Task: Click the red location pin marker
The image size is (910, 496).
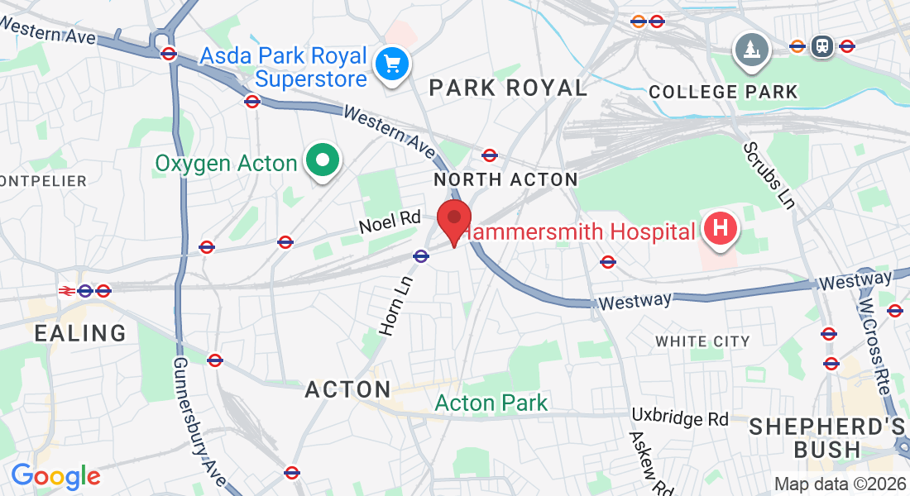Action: [x=454, y=219]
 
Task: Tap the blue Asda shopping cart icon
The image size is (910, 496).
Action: [x=388, y=64]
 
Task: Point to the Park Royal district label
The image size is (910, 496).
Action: [x=508, y=88]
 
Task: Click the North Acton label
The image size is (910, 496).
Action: [x=505, y=179]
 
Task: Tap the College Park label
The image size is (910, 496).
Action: [x=724, y=91]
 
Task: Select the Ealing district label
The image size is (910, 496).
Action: [x=80, y=333]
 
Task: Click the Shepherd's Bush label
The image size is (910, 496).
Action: [x=826, y=438]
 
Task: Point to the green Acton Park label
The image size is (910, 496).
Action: [x=491, y=403]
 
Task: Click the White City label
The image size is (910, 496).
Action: [x=702, y=341]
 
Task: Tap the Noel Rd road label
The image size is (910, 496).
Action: [x=390, y=222]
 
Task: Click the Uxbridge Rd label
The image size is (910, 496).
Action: [x=679, y=417]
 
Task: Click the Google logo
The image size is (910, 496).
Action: [x=55, y=476]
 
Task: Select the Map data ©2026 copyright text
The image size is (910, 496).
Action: [x=839, y=484]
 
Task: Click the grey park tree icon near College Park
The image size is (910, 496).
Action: [x=752, y=50]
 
